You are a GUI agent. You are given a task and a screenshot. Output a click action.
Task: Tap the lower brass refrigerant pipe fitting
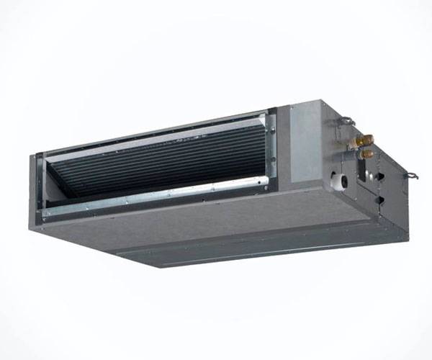pos(366,153)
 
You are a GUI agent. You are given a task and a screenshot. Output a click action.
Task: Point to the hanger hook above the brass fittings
pos(346,120)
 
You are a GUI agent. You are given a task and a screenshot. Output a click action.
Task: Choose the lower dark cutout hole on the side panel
pos(379,202)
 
